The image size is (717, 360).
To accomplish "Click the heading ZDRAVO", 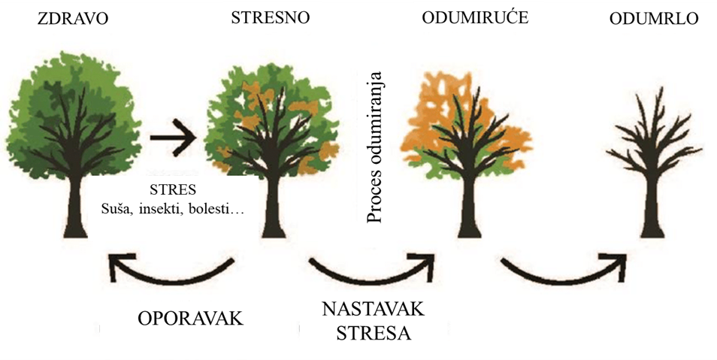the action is (74, 18).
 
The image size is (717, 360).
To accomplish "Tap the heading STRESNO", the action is (271, 17).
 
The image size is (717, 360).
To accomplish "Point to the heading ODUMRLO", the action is (654, 18).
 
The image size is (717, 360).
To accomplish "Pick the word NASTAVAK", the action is (373, 309).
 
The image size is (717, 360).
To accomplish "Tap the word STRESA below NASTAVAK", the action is (374, 333).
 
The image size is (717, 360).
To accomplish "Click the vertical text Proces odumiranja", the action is (374, 147).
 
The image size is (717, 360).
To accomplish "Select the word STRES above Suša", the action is (173, 189).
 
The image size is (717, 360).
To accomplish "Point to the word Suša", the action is (114, 210).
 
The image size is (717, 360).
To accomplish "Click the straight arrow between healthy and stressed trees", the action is (173, 138).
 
